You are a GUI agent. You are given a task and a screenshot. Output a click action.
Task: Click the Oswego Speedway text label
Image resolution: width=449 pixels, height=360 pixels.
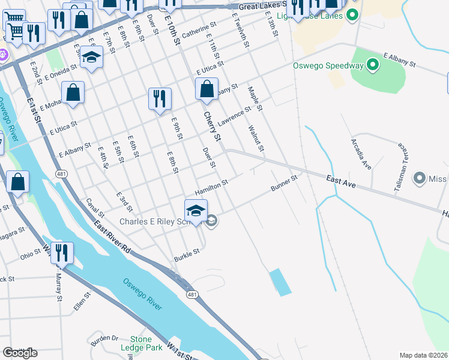(x=328, y=65)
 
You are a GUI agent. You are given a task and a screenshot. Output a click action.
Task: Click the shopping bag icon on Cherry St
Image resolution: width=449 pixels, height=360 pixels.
(x=206, y=90)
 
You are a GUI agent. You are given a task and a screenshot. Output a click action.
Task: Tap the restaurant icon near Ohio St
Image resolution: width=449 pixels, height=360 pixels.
(x=61, y=254)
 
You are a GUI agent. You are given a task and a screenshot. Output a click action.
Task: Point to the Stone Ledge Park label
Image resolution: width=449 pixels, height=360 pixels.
(x=146, y=343)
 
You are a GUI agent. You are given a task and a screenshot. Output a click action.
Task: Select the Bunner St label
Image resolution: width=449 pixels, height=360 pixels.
(x=284, y=184)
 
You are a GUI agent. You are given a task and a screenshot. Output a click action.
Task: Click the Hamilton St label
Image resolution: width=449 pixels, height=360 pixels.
(x=211, y=188)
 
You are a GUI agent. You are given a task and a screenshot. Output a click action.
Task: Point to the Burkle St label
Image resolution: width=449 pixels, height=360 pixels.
(x=187, y=254)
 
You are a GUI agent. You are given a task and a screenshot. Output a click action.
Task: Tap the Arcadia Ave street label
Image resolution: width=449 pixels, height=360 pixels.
(x=362, y=153)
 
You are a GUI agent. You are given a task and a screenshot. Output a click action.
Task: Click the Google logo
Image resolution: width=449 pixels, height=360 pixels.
(x=20, y=352)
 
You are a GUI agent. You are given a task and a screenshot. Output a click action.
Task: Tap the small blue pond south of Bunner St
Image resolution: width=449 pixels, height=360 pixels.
(x=280, y=281)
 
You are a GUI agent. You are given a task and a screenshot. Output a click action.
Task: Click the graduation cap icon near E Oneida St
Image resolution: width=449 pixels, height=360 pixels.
(x=91, y=58)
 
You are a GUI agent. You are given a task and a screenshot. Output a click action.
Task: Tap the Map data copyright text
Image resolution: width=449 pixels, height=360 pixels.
(x=423, y=355)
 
